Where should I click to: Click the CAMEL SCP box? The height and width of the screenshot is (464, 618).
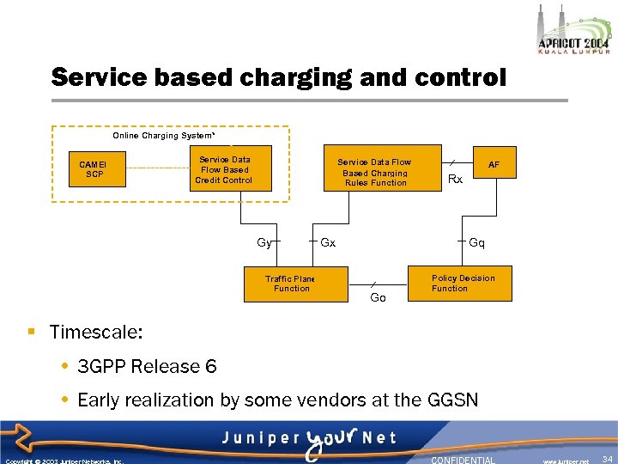pos(94,168)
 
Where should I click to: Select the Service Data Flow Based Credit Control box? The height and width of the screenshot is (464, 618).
pos(223,169)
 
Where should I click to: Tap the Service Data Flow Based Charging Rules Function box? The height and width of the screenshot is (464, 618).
pos(373,172)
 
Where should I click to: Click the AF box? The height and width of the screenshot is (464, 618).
pos(494,163)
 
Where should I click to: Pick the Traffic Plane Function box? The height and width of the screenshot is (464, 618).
pos(291,284)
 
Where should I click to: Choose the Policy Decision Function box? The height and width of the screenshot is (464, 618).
pos(463,284)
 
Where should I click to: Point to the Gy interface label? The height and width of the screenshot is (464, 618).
pos(264,242)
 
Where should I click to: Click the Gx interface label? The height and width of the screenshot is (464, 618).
pos(328,242)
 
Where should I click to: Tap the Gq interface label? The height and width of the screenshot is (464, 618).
pos(477,242)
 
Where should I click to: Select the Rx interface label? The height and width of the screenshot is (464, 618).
pos(456,180)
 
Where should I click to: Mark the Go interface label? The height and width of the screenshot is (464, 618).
pos(378,297)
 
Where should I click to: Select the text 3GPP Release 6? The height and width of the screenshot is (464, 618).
pos(147,367)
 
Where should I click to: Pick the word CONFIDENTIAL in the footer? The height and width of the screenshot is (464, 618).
pos(463,460)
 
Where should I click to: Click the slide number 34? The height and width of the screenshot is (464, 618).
pos(607,460)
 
